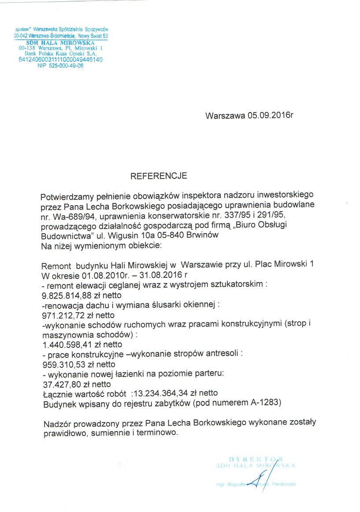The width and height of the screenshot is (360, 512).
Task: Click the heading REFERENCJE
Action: coord(159,176)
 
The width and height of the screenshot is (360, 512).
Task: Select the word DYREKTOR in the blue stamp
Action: coord(256,459)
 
